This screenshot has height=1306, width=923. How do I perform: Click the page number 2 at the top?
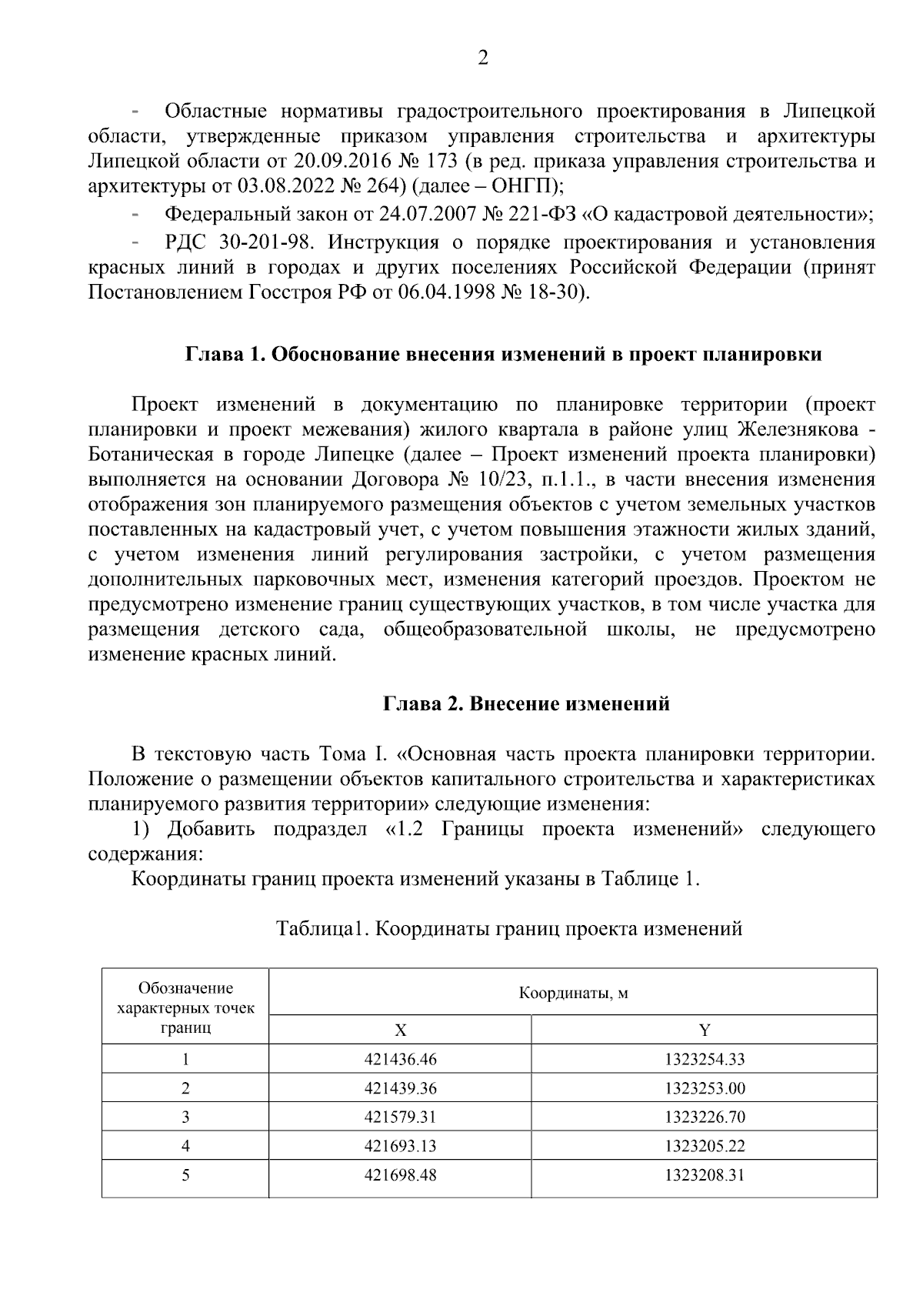[x=483, y=58]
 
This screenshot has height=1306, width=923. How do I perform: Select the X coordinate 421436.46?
[x=400, y=1059]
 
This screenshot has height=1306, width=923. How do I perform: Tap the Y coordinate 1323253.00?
[x=705, y=1088]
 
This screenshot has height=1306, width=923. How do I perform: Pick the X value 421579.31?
[x=400, y=1117]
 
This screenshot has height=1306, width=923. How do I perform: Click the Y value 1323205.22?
[x=705, y=1146]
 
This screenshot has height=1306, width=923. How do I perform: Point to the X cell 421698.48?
[x=400, y=1175]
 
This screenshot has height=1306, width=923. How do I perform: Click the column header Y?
[x=705, y=1030]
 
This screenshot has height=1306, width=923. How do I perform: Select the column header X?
[x=400, y=1030]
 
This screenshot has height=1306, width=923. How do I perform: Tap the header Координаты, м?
[x=573, y=993]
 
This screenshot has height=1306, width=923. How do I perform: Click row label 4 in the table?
[x=185, y=1146]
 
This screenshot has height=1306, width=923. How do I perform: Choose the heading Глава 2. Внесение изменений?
[x=527, y=703]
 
